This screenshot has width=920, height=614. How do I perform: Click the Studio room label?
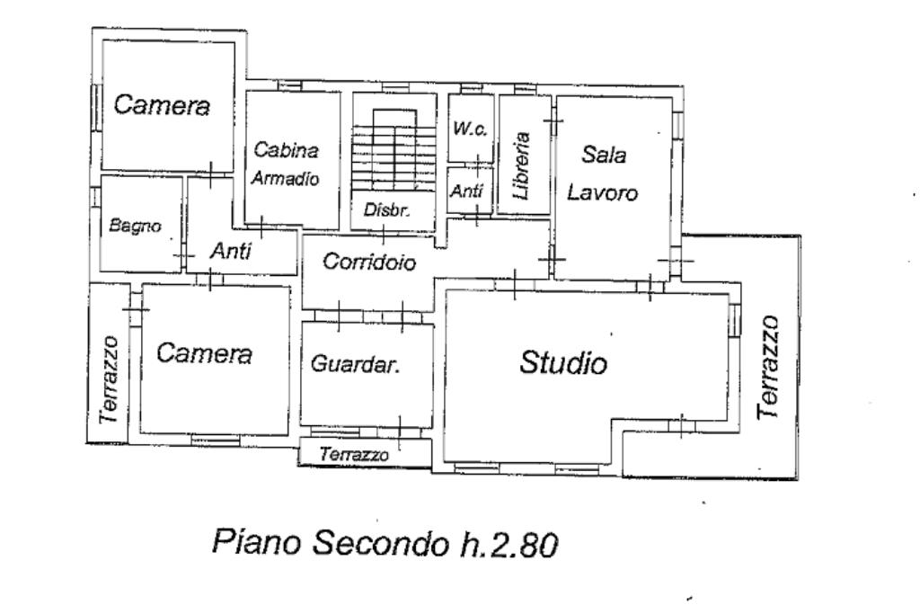tap(564, 363)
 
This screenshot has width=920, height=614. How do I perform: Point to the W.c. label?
tap(470, 129)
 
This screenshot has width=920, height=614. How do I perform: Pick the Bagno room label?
tap(135, 226)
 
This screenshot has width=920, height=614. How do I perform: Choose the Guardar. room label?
tap(355, 364)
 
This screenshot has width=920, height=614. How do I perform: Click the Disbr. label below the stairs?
tap(387, 211)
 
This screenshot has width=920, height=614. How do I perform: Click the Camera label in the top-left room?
tap(162, 105)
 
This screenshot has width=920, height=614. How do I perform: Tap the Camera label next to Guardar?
tap(205, 354)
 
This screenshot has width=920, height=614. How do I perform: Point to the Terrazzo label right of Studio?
tap(769, 367)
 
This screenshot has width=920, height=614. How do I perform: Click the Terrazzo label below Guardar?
tap(355, 456)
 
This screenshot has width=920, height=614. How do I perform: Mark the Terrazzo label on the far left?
tap(110, 380)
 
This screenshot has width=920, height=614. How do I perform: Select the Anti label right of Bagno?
tap(231, 253)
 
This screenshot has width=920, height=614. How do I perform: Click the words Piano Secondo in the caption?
tap(323, 543)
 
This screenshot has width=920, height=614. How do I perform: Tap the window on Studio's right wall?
tap(734, 319)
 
